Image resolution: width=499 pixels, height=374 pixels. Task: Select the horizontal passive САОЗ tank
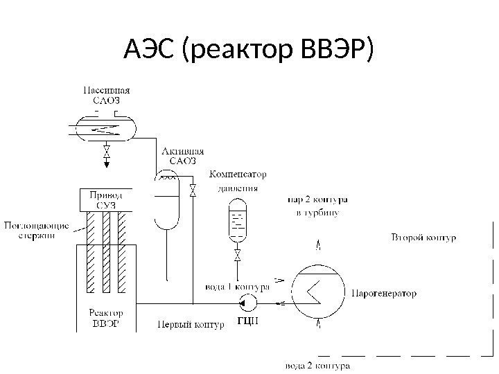pyautogui.click(x=106, y=128)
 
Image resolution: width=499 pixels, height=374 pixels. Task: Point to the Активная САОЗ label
pyautogui.click(x=183, y=156)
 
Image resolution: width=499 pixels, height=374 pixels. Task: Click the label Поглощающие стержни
pyautogui.click(x=37, y=229)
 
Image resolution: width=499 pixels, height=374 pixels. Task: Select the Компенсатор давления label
pyautogui.click(x=238, y=180)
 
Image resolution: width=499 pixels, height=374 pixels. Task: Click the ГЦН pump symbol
pyautogui.click(x=246, y=302)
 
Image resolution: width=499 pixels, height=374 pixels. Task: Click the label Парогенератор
pyautogui.click(x=385, y=294)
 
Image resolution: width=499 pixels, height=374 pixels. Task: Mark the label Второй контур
pyautogui.click(x=423, y=238)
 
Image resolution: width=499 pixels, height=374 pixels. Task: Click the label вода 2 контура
pyautogui.click(x=318, y=365)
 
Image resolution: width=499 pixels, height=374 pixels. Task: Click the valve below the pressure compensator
pyautogui.click(x=238, y=258)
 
